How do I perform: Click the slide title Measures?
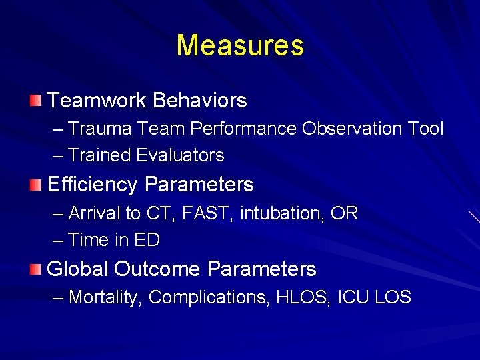(x=240, y=46)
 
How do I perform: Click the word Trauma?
(x=93, y=129)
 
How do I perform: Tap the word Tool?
(x=425, y=129)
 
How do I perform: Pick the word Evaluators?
(x=180, y=155)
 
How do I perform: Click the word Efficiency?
(x=93, y=185)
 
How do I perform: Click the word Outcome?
(x=157, y=269)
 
